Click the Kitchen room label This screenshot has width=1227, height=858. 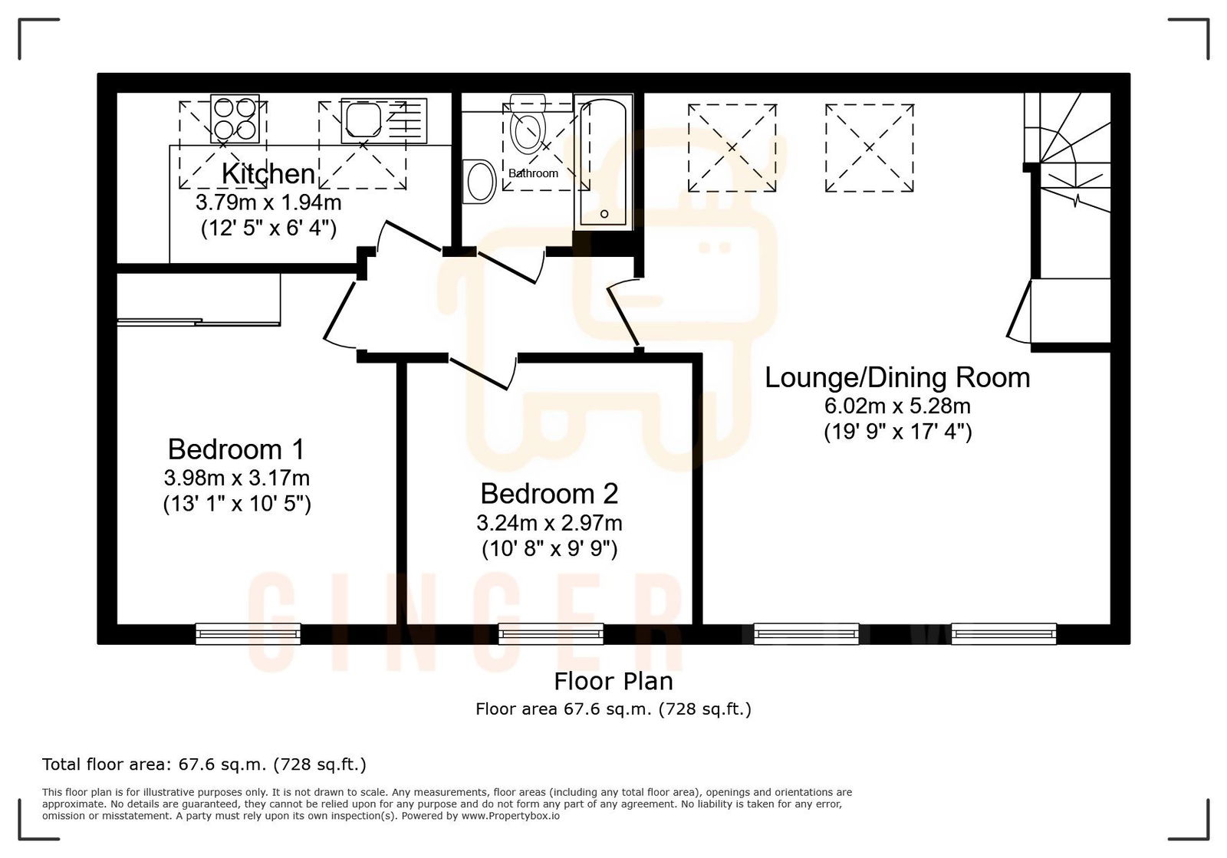point(268,174)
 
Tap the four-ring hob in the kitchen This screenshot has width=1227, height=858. point(234,118)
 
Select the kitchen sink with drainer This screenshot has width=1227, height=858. point(383,120)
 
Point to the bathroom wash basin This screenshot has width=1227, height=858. point(480,181)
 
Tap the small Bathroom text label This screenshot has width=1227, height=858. point(533,173)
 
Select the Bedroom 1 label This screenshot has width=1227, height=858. point(236,449)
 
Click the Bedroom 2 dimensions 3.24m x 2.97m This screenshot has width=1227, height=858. point(549,523)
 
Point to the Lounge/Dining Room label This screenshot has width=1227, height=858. point(897,377)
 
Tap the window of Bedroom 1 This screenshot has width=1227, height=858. point(248,633)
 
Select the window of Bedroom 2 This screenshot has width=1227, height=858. point(551,633)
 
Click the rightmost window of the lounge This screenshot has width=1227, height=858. point(1003,633)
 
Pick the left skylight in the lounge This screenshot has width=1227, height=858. point(732,147)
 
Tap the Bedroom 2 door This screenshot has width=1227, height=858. point(482,373)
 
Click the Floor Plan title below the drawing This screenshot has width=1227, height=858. point(613,681)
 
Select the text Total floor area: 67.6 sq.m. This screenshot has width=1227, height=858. point(203,764)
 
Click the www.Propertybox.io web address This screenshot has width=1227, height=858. point(510,816)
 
